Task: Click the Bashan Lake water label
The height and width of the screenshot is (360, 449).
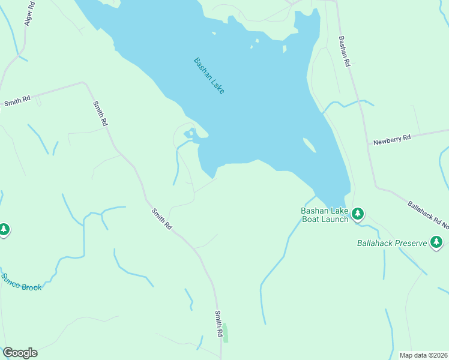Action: click(x=209, y=76)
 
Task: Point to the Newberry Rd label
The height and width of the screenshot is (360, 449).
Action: click(x=391, y=139)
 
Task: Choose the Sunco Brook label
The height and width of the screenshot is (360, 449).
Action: click(x=22, y=282)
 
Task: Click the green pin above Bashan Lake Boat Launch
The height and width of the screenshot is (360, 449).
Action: click(x=358, y=213)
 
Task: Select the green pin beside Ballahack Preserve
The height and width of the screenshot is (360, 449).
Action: click(x=437, y=242)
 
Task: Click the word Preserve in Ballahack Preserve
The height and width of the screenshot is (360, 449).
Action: click(x=411, y=243)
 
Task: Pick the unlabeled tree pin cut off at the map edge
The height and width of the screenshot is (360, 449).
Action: click(x=4, y=229)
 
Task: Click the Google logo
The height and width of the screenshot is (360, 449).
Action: click(x=20, y=353)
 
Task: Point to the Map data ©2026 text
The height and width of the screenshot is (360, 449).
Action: click(x=423, y=355)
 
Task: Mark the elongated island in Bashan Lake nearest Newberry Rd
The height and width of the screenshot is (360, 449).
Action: click(x=309, y=145)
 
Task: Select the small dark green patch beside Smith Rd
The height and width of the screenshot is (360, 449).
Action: click(x=225, y=333)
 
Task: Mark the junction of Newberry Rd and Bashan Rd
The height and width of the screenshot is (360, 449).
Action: click(x=368, y=144)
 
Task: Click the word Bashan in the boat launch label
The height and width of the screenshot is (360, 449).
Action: click(x=313, y=211)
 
